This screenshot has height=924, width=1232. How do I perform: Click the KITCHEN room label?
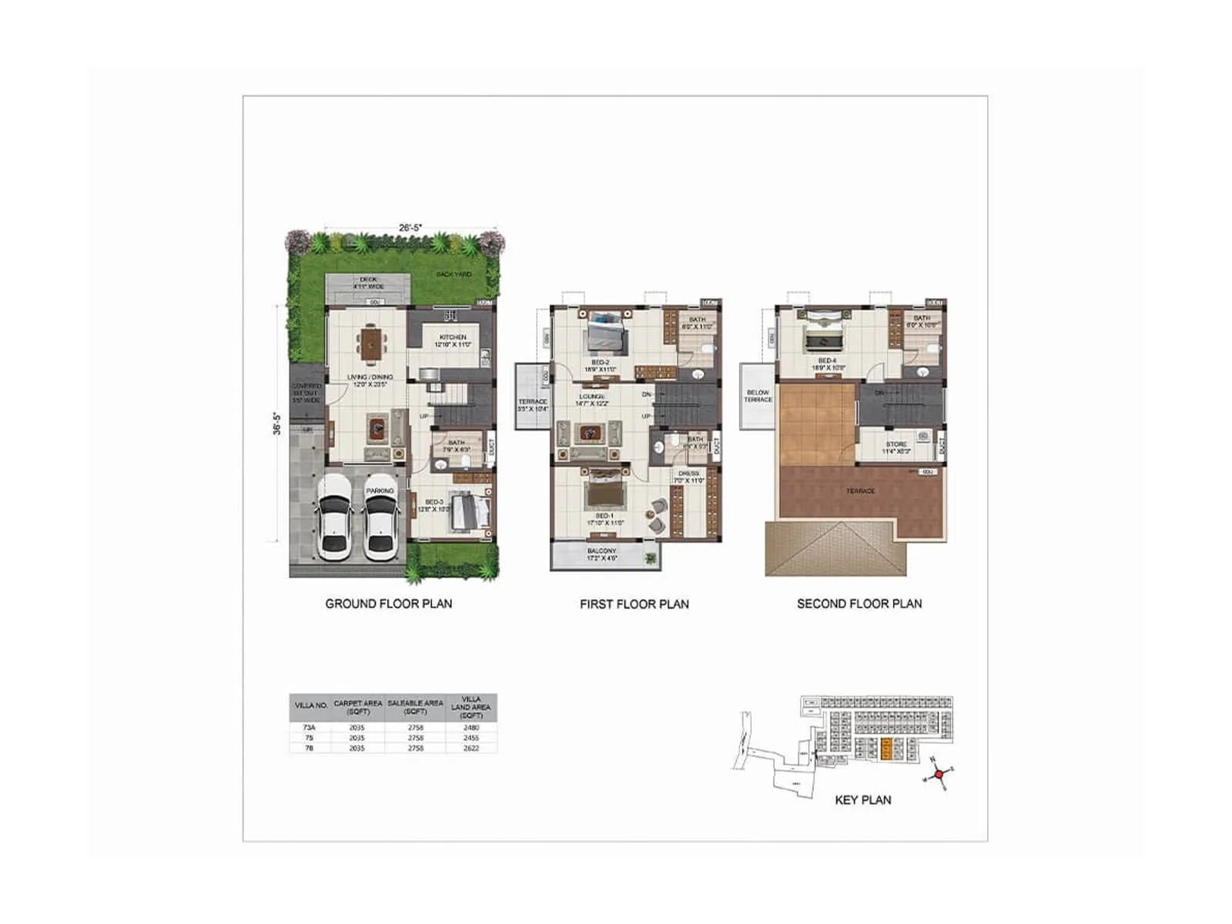point(453,337)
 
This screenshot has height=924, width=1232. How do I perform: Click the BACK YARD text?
point(454,274)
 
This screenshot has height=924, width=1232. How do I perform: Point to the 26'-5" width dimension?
point(410,228)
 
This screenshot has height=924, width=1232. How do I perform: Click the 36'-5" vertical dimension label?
point(277,423)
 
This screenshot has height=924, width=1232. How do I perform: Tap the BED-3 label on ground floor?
point(434,502)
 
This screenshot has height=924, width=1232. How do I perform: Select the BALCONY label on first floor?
point(601,551)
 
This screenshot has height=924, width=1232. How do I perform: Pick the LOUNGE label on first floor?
point(591,397)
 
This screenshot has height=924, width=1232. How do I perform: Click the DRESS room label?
point(688,474)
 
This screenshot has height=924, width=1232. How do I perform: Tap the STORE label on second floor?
point(896,444)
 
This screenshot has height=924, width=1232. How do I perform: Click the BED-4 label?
point(827,360)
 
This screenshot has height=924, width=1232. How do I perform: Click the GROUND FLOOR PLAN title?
point(388,604)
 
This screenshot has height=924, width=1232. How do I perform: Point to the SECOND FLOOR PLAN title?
point(859,604)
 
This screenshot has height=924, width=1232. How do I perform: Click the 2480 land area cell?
point(471,727)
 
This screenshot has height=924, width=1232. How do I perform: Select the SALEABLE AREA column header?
point(415,707)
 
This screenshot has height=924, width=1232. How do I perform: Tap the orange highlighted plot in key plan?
point(886,749)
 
